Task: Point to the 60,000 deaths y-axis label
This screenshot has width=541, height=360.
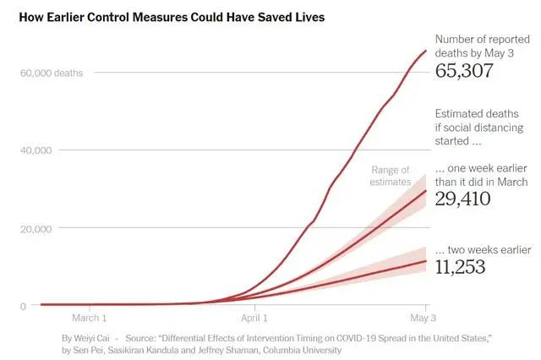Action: (x=52, y=73)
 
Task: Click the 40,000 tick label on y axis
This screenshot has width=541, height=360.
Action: (x=36, y=150)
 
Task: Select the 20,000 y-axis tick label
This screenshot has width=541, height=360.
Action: (x=36, y=228)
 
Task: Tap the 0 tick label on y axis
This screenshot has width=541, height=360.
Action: (x=24, y=306)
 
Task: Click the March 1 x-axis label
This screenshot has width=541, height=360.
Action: (x=90, y=319)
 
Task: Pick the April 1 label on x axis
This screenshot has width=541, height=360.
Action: (x=254, y=319)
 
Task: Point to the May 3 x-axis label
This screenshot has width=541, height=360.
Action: (x=424, y=319)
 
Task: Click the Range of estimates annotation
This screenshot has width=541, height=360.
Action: (x=390, y=176)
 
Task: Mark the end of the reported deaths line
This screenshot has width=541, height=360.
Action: (x=425, y=51)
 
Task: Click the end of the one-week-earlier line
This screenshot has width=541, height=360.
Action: (x=425, y=191)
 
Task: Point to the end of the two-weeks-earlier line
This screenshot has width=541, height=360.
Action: (x=425, y=261)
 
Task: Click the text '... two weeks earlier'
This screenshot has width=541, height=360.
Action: (x=483, y=250)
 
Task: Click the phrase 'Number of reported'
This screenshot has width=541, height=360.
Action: (x=481, y=39)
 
